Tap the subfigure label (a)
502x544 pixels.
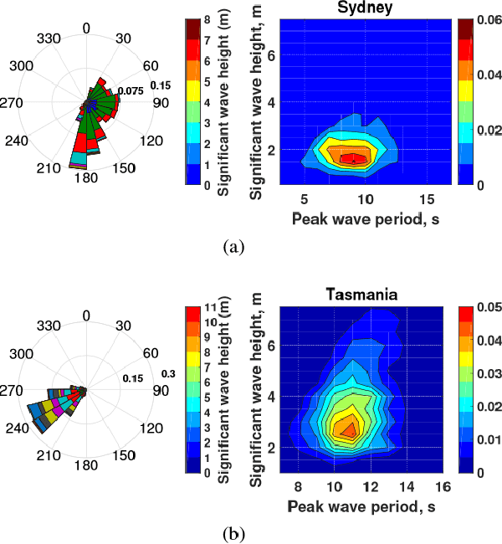(x=233, y=246)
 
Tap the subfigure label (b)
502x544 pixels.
(x=233, y=533)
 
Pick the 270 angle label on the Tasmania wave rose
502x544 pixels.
(x=13, y=390)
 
